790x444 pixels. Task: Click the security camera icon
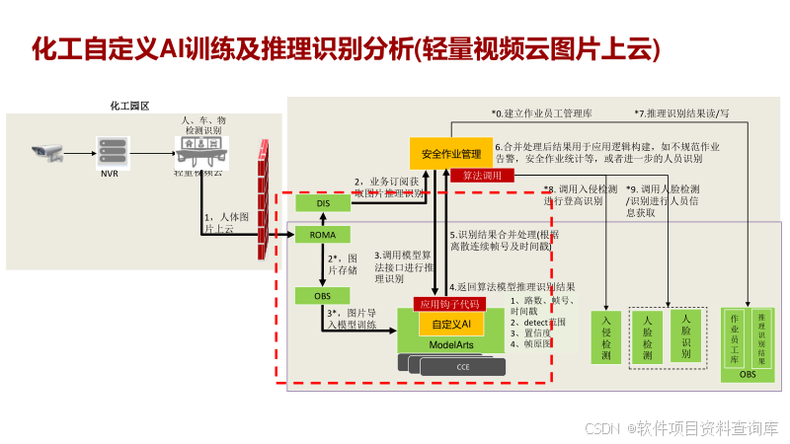[46, 153]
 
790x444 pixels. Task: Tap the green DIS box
[323, 203]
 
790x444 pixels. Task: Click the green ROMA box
[323, 235]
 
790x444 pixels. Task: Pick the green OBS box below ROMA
[323, 295]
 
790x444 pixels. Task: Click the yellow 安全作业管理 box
[450, 154]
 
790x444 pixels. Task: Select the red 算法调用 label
[483, 176]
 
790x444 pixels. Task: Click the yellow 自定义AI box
[451, 324]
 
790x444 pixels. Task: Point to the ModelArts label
[451, 343]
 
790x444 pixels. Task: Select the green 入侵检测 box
[605, 336]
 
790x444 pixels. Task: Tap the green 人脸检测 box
[647, 336]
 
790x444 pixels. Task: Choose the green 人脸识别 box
[685, 334]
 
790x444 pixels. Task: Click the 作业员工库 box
[734, 338]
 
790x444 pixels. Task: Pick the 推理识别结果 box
[761, 338]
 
